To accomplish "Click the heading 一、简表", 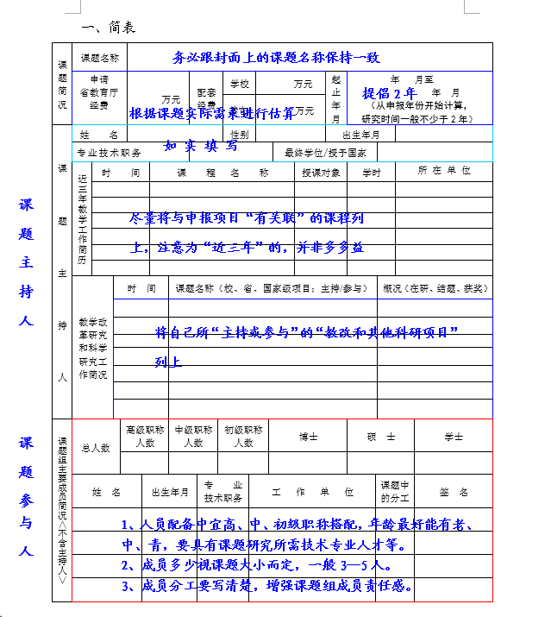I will point(108,28).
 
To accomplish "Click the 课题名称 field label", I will point(99,58).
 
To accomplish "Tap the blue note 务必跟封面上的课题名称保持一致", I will point(276,58).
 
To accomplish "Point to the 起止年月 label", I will point(336,98).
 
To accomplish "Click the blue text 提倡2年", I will point(390,92).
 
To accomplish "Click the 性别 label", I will point(240,135).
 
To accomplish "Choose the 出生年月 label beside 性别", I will point(367,135).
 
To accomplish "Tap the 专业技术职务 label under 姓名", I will point(109,153).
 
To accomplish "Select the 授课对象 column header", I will point(321,172).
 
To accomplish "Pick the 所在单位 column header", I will point(444,171).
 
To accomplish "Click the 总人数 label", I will point(96,447).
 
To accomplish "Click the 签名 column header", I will point(454,492).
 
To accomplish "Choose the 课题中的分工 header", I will point(397,491).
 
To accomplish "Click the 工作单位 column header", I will point(312,492).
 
